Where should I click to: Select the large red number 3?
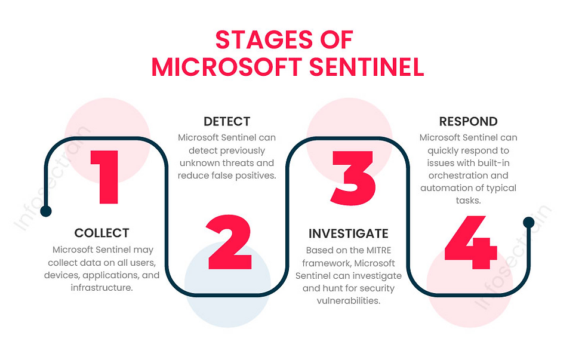click(352, 177)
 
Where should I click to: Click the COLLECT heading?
click(101, 233)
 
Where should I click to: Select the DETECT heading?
click(227, 122)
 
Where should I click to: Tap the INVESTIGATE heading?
click(348, 233)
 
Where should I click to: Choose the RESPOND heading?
click(468, 122)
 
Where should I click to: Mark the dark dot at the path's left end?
click(46, 211)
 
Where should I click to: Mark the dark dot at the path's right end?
click(528, 223)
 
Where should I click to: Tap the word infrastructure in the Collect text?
click(101, 288)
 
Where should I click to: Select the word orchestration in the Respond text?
click(467, 176)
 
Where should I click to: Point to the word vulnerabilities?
click(348, 300)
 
